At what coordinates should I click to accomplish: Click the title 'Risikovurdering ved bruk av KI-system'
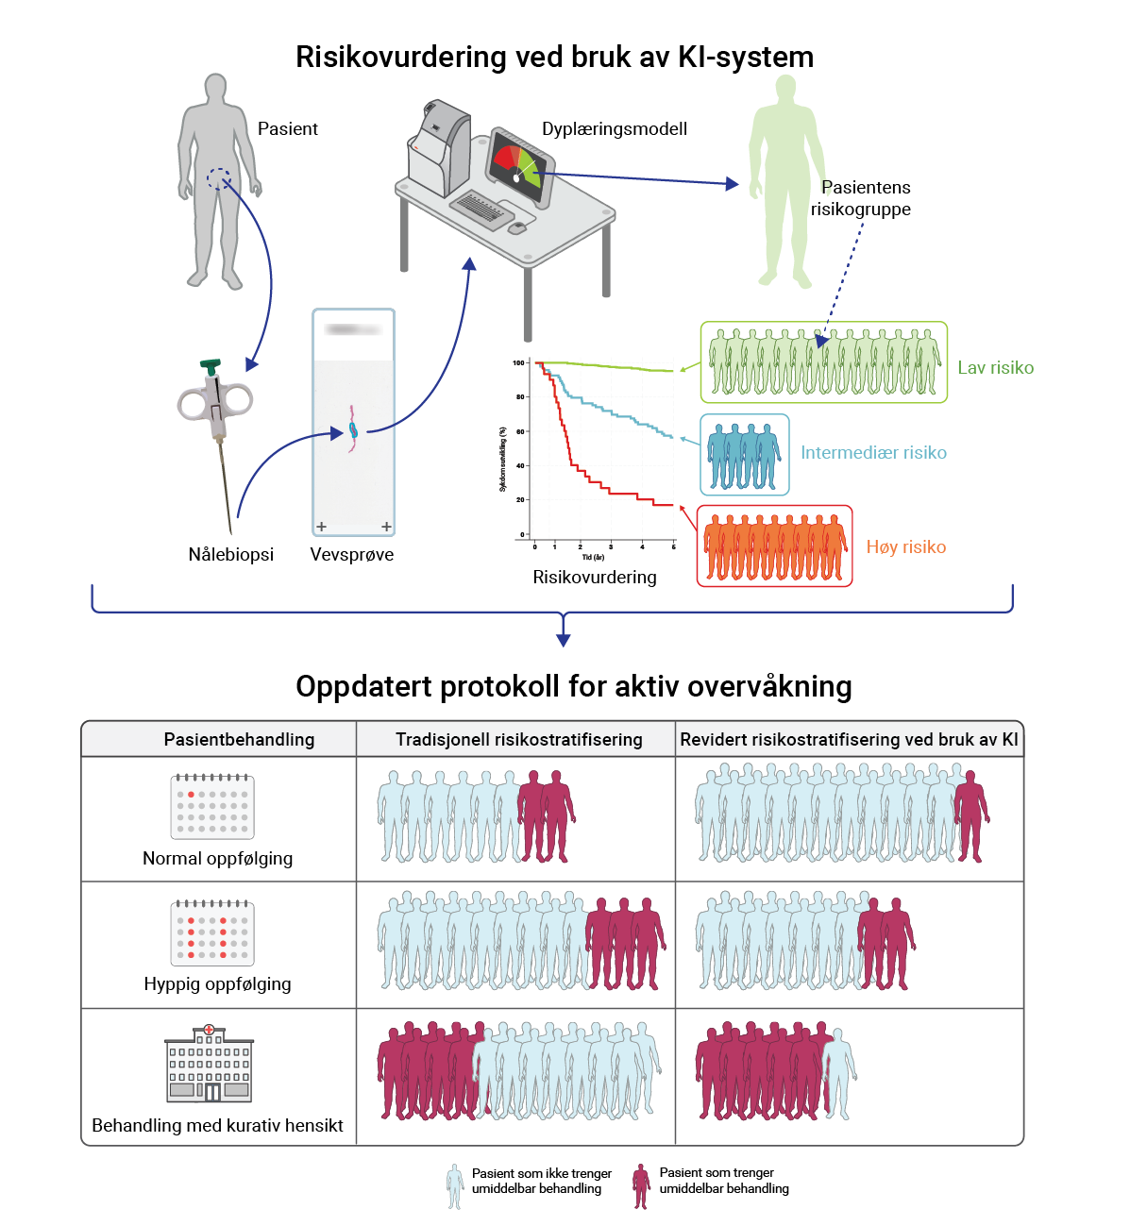pyautogui.click(x=554, y=57)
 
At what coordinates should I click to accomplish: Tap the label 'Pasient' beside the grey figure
pyautogui.click(x=287, y=129)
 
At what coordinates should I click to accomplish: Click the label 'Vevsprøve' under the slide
pyautogui.click(x=352, y=555)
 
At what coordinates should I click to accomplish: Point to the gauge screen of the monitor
pyautogui.click(x=518, y=166)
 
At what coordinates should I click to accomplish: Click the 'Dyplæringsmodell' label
pyautogui.click(x=615, y=129)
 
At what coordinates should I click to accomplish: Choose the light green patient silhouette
pyautogui.click(x=785, y=179)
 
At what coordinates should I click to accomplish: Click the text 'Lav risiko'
pyautogui.click(x=995, y=368)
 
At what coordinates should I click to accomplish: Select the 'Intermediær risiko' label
pyautogui.click(x=873, y=453)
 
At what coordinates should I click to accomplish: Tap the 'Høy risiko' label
pyautogui.click(x=906, y=547)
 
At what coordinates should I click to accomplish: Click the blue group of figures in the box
pyautogui.click(x=744, y=455)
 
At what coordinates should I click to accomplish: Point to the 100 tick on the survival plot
pyautogui.click(x=518, y=362)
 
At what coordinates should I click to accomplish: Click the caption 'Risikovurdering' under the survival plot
pyautogui.click(x=595, y=578)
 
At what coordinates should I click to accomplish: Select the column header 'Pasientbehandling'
pyautogui.click(x=239, y=740)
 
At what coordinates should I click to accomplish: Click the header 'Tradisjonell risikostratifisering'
pyautogui.click(x=518, y=740)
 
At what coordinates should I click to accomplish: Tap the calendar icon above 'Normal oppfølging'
pyautogui.click(x=212, y=807)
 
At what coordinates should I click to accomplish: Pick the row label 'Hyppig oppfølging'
pyautogui.click(x=217, y=984)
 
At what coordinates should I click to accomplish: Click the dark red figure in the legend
pyautogui.click(x=642, y=1185)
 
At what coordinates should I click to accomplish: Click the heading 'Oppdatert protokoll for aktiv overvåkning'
pyautogui.click(x=573, y=686)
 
